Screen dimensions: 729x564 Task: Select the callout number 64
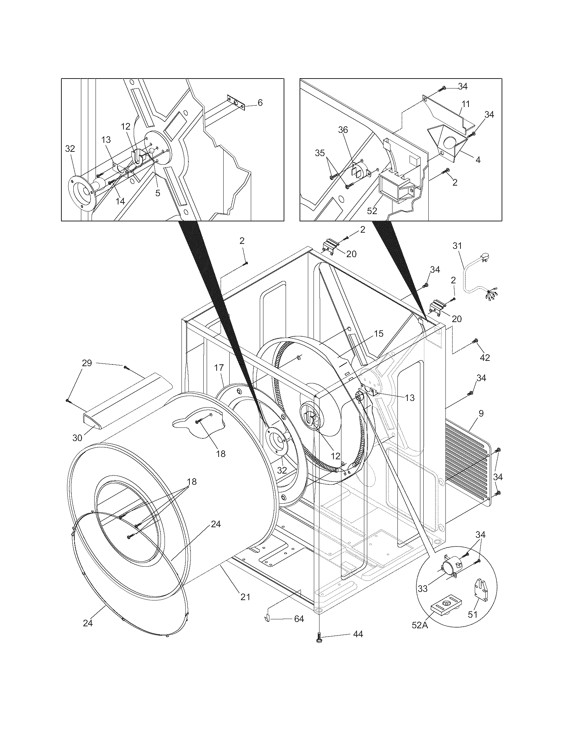click(299, 619)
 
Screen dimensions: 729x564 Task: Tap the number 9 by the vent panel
click(481, 414)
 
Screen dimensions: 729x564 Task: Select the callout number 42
click(485, 358)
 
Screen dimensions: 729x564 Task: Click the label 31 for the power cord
click(457, 246)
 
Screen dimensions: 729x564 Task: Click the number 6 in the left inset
click(260, 102)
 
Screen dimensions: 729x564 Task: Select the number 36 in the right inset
click(343, 130)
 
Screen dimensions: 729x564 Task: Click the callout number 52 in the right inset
click(372, 211)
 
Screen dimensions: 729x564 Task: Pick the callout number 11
click(466, 104)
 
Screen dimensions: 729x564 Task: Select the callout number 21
click(246, 597)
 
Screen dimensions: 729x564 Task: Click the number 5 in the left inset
click(157, 193)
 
